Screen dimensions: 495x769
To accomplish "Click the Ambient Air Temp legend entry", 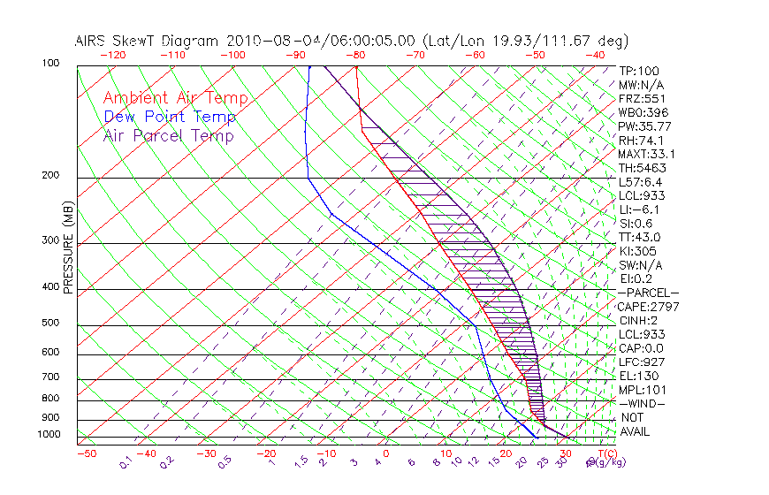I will [175, 98].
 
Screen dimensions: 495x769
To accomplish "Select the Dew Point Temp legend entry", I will [169, 117].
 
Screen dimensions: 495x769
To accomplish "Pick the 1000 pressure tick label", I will [49, 435].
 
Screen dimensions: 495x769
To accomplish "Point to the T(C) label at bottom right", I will [606, 453].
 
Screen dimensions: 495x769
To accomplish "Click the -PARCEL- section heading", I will [648, 293].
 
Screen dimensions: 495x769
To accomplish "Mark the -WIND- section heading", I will [642, 403].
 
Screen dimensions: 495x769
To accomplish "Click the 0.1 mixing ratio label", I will [126, 462].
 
